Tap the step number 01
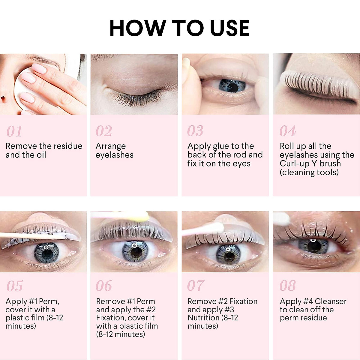(14, 131)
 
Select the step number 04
(287, 131)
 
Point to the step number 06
(103, 286)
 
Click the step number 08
(287, 286)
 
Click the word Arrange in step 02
(110, 146)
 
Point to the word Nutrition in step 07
(203, 318)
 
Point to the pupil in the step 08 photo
(314, 247)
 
